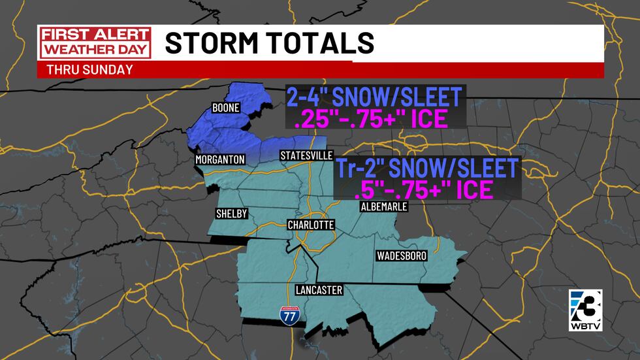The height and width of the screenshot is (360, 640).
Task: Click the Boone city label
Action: (x=226, y=108)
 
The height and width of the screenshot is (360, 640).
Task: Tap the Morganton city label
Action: (x=219, y=159)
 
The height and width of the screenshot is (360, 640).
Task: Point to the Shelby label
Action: (x=232, y=214)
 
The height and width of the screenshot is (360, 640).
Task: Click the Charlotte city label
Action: (x=311, y=225)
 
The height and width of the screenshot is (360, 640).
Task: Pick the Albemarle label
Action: (x=384, y=206)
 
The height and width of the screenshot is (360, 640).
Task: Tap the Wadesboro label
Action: (x=402, y=257)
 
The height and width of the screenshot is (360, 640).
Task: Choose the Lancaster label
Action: (x=319, y=290)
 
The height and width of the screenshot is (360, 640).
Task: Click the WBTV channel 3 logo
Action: (x=584, y=308)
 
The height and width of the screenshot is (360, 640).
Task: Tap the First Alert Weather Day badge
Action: (x=95, y=42)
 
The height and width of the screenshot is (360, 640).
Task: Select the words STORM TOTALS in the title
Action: (x=269, y=43)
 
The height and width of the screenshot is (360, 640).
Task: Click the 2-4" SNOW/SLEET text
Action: (x=374, y=97)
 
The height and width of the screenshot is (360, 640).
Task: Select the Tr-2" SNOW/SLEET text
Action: (x=426, y=168)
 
